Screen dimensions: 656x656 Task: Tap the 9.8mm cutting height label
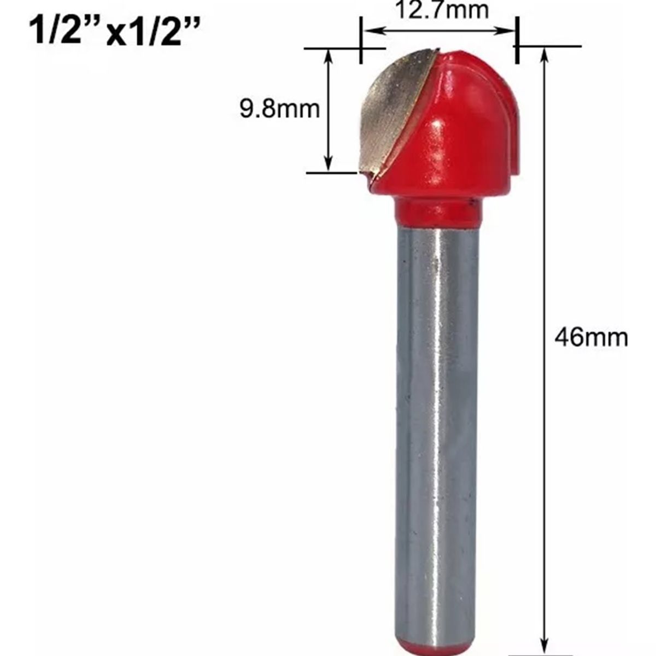pyautogui.click(x=279, y=110)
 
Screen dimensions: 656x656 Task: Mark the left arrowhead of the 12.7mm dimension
pyautogui.click(x=371, y=31)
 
